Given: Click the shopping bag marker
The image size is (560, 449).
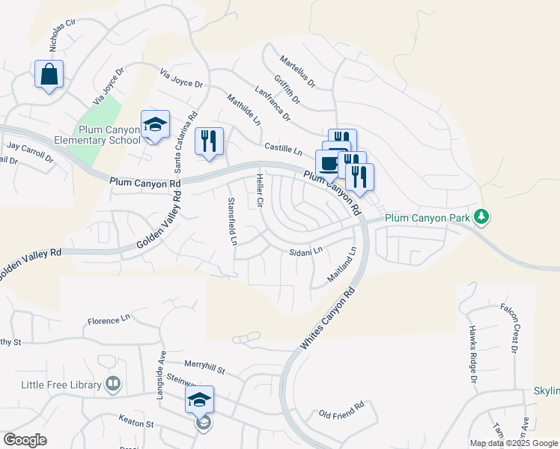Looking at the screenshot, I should point(49,75).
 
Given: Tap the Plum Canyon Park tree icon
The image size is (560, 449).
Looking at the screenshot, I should point(482,217).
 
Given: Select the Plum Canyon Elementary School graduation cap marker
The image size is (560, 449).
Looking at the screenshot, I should point(155,126).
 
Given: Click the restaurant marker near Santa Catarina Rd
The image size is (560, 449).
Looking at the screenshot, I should point(209,141).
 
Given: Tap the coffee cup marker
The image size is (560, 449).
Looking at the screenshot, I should point(329,163).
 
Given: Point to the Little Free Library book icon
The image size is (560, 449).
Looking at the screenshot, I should point(113,385).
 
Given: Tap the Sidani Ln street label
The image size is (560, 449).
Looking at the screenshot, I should point(305,251).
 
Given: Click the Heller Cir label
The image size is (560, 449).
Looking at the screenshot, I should point(260,191).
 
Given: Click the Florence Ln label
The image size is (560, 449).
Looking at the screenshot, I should point(109,321).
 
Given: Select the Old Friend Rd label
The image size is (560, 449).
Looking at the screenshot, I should point(341,409).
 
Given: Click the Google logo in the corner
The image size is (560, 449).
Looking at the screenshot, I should point(25,440).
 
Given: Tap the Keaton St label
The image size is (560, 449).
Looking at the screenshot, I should point(135,422).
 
